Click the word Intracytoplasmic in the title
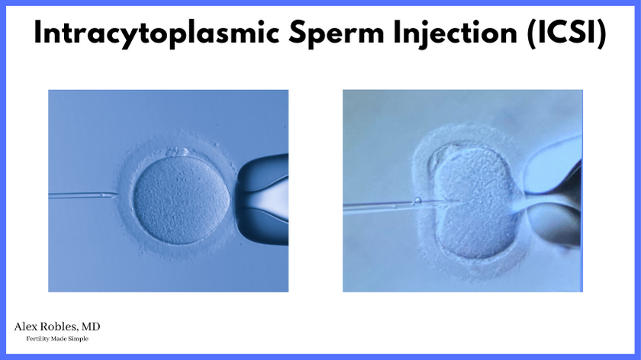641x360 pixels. coord(156,33)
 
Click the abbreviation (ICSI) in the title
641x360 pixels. coord(567,33)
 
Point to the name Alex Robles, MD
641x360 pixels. coord(57,327)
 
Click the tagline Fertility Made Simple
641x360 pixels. coord(57,339)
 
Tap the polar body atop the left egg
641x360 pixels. coord(177,152)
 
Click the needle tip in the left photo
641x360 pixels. coord(117,195)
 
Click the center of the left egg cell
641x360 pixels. coord(182,200)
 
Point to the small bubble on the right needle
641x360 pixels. coord(417,201)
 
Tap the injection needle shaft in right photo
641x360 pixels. coord(392,205)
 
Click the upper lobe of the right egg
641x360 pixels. coord(473,173)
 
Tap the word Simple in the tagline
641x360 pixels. coord(79,339)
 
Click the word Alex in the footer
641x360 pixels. coord(24,327)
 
